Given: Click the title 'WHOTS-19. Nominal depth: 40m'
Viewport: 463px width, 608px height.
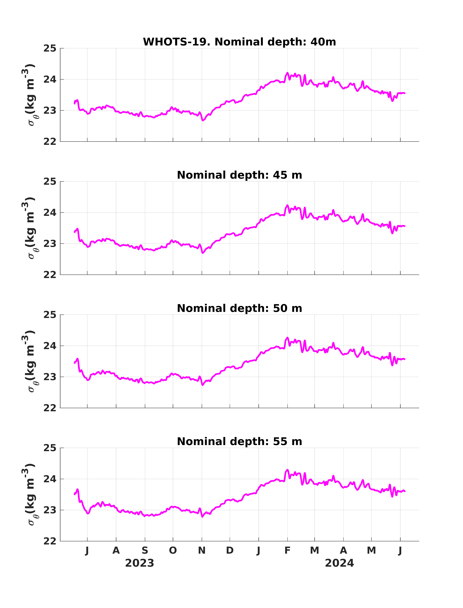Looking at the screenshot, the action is click(x=239, y=42).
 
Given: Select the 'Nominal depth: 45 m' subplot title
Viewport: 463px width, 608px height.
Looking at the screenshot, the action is click(x=239, y=175).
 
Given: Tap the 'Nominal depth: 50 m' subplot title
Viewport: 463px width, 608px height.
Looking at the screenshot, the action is click(x=239, y=308).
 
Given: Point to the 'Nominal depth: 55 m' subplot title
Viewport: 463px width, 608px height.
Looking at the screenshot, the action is click(x=239, y=441).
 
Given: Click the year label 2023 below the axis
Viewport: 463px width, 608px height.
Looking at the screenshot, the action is click(x=139, y=563).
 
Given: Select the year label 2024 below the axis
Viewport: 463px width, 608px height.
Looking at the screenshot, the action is click(x=339, y=563).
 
